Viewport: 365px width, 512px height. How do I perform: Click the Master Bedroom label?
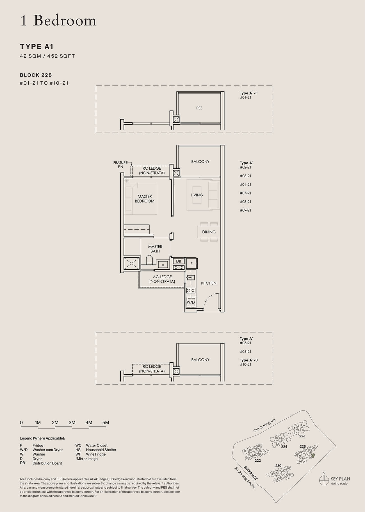[145, 199]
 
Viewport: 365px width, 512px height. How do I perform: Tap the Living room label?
[197, 195]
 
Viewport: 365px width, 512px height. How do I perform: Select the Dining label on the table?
[209, 232]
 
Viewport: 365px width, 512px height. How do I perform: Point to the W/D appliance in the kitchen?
[191, 302]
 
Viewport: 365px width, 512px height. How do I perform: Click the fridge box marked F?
[191, 264]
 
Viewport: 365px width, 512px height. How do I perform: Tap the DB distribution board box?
[179, 261]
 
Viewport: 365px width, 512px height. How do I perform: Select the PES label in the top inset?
[199, 108]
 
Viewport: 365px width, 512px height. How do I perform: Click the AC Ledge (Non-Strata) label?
[162, 279]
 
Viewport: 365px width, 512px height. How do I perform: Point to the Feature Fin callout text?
[120, 165]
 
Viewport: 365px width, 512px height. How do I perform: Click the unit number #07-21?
[245, 193]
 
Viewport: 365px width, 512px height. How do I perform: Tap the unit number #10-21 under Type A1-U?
[245, 364]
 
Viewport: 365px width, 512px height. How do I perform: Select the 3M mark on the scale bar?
[72, 423]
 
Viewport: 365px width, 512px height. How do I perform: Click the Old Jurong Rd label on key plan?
[264, 425]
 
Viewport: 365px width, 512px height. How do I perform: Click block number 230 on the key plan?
[278, 466]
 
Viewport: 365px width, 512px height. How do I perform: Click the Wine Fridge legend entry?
[96, 454]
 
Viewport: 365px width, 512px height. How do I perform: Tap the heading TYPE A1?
[37, 47]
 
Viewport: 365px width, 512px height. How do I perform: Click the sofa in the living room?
[214, 195]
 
